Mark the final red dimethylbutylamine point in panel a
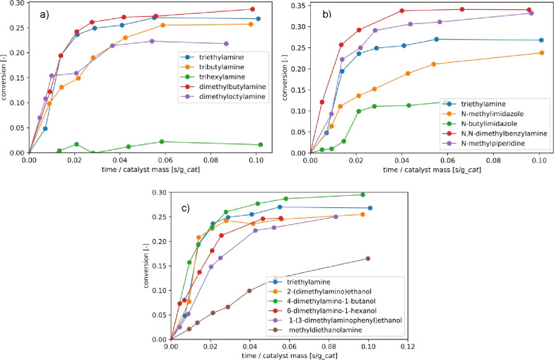click(x=252, y=9)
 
